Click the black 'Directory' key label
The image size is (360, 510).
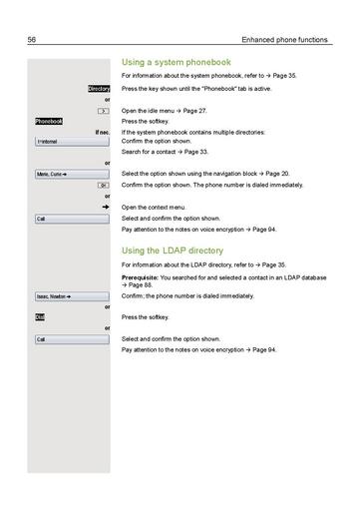pyautogui.click(x=99, y=89)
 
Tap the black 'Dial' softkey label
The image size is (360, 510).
pyautogui.click(x=40, y=317)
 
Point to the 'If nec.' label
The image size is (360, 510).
pyautogui.click(x=102, y=132)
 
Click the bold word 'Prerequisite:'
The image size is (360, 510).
pyautogui.click(x=142, y=276)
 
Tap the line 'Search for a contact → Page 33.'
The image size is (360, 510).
pyautogui.click(x=166, y=152)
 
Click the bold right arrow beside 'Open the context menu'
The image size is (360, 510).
pyautogui.click(x=105, y=207)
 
